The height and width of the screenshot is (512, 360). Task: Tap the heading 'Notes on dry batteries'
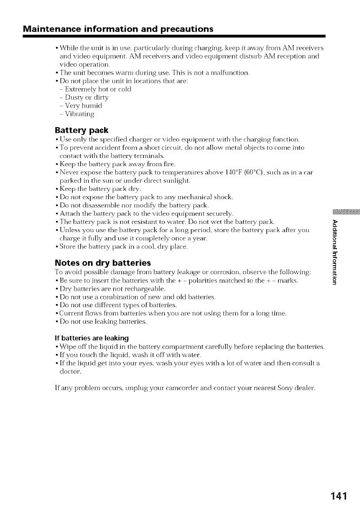click(x=103, y=263)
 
